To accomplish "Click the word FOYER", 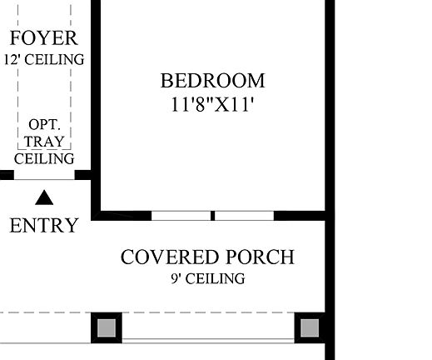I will (x=44, y=38).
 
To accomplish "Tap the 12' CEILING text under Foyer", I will (x=44, y=59).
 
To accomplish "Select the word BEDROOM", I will (x=212, y=81).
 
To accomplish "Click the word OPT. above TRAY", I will (x=44, y=123).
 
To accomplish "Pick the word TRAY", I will (x=44, y=141).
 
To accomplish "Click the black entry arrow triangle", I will (x=44, y=197).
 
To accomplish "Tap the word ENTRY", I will (x=44, y=225).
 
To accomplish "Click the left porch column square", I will (x=107, y=327).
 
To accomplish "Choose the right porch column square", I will (x=310, y=327).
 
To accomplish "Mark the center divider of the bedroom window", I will (x=213, y=215).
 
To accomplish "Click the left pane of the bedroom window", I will (x=181, y=215).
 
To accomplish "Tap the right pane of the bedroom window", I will (x=245, y=215).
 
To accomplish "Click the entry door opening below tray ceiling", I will (x=44, y=176).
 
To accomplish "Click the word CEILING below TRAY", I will (x=44, y=158).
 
